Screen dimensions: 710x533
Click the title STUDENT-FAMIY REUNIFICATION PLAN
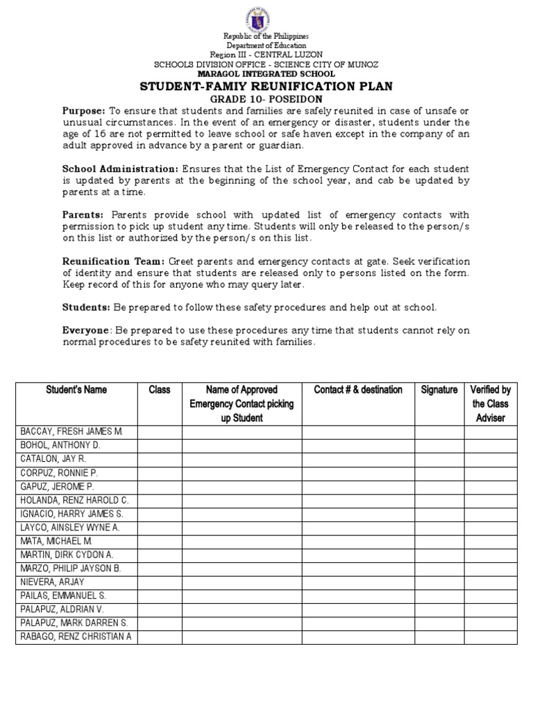(x=266, y=87)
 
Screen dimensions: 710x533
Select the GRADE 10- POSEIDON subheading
(x=266, y=99)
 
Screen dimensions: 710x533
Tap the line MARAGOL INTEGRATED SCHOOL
(x=266, y=74)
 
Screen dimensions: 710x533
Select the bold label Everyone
(x=85, y=331)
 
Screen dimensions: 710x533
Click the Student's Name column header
(x=76, y=390)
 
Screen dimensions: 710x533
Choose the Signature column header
(x=439, y=390)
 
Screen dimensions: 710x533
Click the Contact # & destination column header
(x=358, y=390)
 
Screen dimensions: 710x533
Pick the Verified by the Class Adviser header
(x=491, y=404)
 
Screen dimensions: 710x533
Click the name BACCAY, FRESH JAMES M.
(x=72, y=432)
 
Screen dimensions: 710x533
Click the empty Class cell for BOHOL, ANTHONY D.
(x=160, y=445)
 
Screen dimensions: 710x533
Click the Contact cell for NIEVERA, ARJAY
(x=358, y=582)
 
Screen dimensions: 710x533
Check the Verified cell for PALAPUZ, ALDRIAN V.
(x=491, y=609)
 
